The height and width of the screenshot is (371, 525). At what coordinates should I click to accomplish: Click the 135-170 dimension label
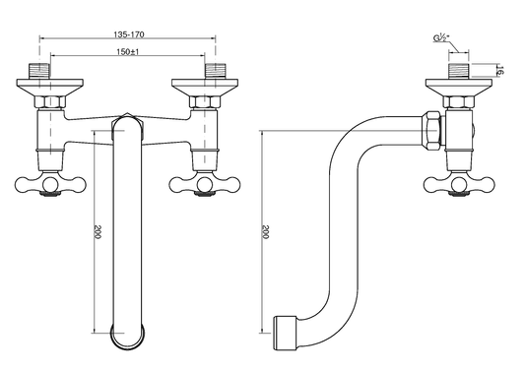point(129,34)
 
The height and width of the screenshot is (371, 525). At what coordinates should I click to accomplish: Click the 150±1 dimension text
point(128,52)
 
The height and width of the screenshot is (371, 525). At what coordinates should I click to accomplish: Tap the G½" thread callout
point(441,38)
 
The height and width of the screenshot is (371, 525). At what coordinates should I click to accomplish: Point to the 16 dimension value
point(500,70)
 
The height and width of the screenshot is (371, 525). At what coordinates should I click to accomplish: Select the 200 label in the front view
point(98,232)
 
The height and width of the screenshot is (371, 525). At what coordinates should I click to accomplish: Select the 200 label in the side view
point(265,232)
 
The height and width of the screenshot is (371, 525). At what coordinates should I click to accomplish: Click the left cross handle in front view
point(50,184)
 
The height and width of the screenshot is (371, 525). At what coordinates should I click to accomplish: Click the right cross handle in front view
point(205,184)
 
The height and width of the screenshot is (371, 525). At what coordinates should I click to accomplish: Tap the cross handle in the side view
point(459,184)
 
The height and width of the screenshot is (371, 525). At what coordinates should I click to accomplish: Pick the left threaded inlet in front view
point(39,71)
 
